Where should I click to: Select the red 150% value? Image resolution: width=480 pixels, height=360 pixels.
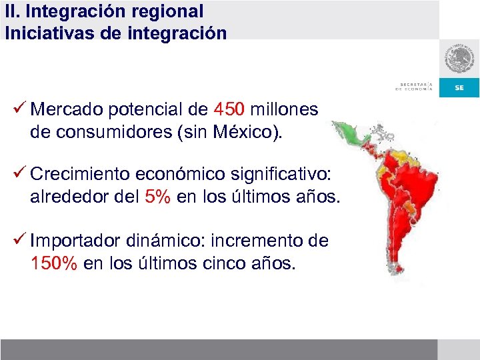point(54,263)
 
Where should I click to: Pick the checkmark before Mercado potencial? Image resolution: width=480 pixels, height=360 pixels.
point(19,108)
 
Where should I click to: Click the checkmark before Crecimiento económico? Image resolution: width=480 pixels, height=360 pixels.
point(19,175)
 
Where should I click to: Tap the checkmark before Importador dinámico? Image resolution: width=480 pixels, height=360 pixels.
point(19,240)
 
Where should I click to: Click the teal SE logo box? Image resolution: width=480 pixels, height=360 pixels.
point(459,87)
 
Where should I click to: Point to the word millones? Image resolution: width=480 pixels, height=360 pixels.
point(284,109)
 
